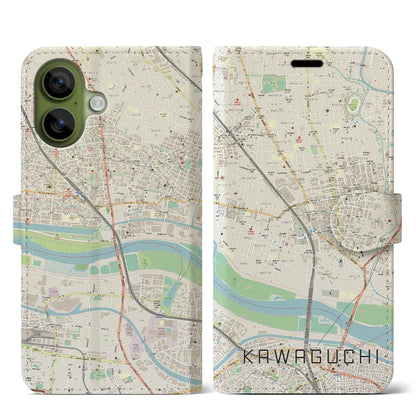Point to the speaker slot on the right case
(307, 63)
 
